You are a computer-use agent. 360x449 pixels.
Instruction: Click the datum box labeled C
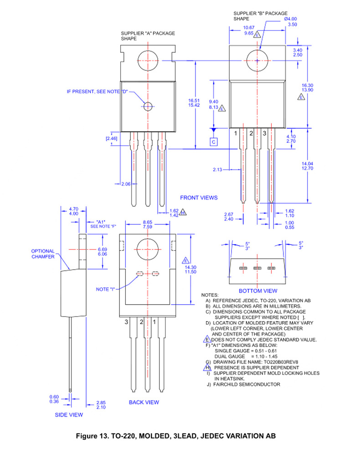(x=214, y=142)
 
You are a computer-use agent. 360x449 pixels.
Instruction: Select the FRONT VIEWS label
(x=199, y=198)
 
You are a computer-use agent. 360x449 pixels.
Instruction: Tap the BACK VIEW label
(x=144, y=402)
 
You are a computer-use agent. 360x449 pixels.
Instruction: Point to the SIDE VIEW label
(x=69, y=414)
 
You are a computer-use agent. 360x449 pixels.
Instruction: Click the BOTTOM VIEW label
(x=258, y=291)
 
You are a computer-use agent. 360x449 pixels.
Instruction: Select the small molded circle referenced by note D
(x=148, y=106)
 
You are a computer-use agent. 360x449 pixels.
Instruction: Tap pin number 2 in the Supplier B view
(x=250, y=133)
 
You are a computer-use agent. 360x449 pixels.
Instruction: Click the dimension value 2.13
(x=217, y=169)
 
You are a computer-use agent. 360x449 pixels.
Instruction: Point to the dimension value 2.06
(x=126, y=184)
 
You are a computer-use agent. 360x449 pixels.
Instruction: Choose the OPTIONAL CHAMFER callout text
(x=43, y=254)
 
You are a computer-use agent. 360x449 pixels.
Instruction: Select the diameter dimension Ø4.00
(x=290, y=19)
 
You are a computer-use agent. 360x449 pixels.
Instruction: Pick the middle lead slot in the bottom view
(x=257, y=268)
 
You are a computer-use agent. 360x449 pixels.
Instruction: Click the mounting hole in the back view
(x=148, y=250)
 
